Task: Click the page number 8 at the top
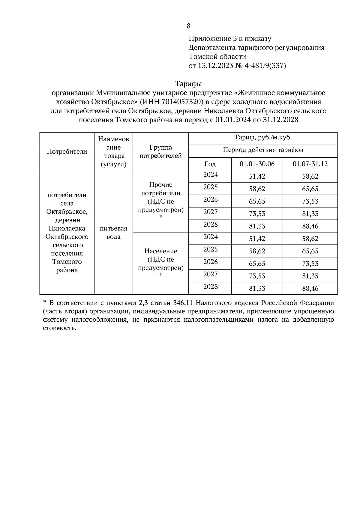(x=188, y=26)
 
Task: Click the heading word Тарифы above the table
(x=188, y=83)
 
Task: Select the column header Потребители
(x=67, y=151)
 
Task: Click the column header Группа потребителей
(x=160, y=151)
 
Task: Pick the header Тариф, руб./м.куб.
(x=263, y=138)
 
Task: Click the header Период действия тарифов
(x=263, y=150)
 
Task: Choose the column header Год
(x=210, y=164)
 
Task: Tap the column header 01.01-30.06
(x=257, y=164)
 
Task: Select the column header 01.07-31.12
(x=310, y=164)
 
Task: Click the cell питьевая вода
(x=113, y=233)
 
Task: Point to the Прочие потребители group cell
(x=160, y=197)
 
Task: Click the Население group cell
(x=160, y=260)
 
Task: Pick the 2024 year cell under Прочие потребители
(x=210, y=175)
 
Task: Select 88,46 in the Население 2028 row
(x=310, y=289)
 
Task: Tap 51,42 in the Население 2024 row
(x=257, y=239)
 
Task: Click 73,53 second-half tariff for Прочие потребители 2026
(x=310, y=201)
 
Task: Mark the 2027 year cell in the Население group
(x=210, y=274)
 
